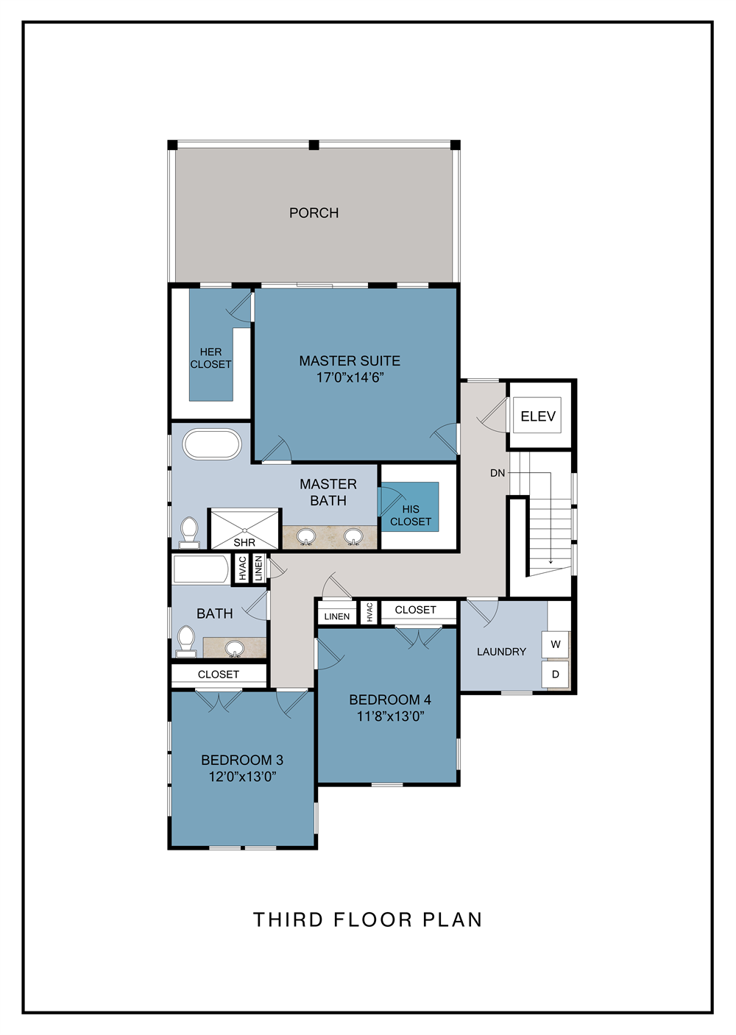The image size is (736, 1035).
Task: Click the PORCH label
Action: [x=314, y=213]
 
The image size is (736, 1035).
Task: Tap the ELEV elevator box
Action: [x=538, y=416]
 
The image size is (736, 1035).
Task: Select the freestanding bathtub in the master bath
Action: [x=212, y=444]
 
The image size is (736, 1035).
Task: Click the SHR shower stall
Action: [x=244, y=529]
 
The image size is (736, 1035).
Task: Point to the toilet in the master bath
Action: [x=189, y=533]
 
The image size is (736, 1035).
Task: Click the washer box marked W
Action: [x=556, y=644]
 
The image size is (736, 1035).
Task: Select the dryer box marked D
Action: [x=556, y=674]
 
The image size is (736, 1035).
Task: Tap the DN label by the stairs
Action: [x=498, y=473]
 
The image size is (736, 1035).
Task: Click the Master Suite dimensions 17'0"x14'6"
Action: [x=350, y=377]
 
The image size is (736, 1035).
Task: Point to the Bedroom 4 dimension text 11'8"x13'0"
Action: [x=391, y=716]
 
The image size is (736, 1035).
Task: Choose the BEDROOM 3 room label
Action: [x=242, y=760]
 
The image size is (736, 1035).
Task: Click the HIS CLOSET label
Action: [x=411, y=515]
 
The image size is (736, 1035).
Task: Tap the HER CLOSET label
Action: [x=210, y=358]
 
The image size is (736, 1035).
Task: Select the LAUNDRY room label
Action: [x=502, y=652]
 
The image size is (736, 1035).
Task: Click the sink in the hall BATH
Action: [x=236, y=648]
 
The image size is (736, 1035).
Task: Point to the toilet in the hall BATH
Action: [x=187, y=641]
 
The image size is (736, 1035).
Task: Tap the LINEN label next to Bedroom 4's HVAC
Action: [x=337, y=616]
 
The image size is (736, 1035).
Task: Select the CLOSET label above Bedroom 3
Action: [x=218, y=674]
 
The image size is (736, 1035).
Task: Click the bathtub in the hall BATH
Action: [x=201, y=569]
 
